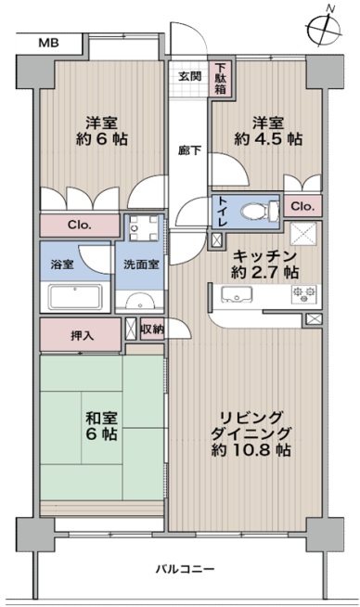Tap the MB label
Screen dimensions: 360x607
pos(49,43)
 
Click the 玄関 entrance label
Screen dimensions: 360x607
pos(189,76)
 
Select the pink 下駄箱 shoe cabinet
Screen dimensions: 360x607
pos(220,79)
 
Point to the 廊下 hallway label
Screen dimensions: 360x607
pos(189,150)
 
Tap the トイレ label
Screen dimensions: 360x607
pos(223,212)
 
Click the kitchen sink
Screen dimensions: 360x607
pos(236,294)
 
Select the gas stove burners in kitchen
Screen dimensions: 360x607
pos(304,294)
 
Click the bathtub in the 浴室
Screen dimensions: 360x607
pos(75,296)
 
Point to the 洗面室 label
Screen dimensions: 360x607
pos(141,265)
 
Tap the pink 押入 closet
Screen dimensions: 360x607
pos(80,335)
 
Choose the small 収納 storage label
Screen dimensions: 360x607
pos(152,329)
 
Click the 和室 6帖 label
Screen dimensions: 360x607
pos(101,426)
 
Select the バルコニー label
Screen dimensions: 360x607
pos(185,569)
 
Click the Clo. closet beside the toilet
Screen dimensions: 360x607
pos(302,205)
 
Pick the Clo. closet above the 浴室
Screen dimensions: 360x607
pos(80,226)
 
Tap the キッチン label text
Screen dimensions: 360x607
pos(265,256)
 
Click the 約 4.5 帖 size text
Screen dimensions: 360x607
pos(268,139)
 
